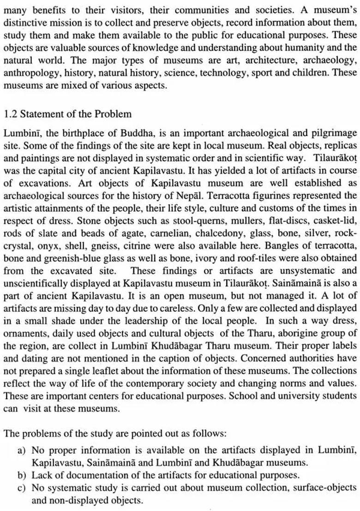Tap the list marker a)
click(22, 450)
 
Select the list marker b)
click(22, 475)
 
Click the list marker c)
click(22, 487)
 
